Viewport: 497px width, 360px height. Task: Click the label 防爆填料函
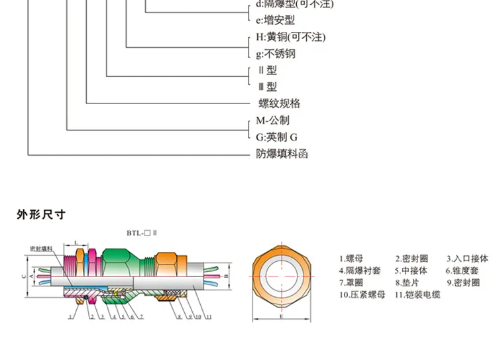(282, 154)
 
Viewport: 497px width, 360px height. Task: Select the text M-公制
(272, 121)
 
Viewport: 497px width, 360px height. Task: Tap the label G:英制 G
(277, 137)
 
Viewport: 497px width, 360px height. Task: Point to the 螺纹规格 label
(279, 103)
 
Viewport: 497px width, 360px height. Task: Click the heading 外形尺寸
(41, 215)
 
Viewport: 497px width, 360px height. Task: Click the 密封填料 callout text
(42, 248)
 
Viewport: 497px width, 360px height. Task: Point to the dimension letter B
(226, 274)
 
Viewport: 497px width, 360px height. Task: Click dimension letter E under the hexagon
(281, 318)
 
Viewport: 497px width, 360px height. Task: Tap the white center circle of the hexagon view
(281, 274)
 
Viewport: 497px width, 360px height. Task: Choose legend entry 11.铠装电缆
(417, 294)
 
